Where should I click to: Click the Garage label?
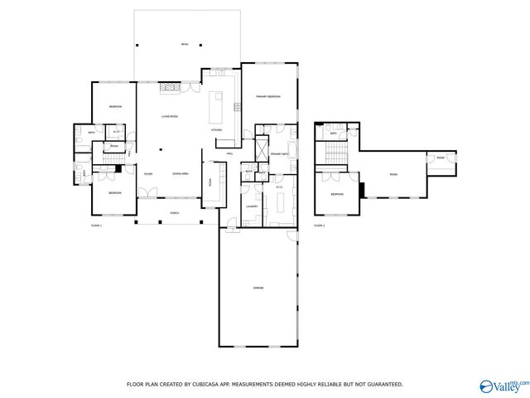(x=258, y=287)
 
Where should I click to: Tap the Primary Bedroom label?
(x=267, y=97)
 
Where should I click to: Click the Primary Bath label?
(x=279, y=154)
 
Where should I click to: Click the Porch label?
(x=175, y=213)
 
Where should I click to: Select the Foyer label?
(x=148, y=173)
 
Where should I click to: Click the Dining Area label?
(x=181, y=173)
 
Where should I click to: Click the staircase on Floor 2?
(x=335, y=152)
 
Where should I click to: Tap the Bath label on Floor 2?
(x=332, y=133)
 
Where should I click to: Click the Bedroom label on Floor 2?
(x=336, y=194)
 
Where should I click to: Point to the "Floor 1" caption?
(x=96, y=225)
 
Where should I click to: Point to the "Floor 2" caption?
(x=319, y=225)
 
